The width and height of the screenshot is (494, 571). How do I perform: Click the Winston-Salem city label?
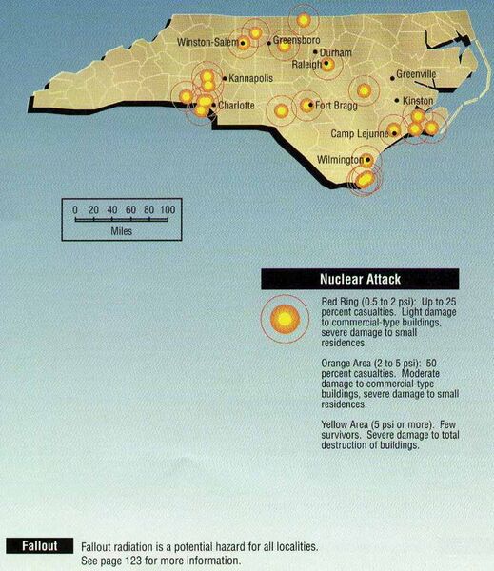point(207,43)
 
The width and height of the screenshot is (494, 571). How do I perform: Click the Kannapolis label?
point(252,79)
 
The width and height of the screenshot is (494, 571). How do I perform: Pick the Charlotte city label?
point(237,106)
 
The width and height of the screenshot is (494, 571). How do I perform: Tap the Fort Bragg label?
point(335,106)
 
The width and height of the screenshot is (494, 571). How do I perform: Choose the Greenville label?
point(417,74)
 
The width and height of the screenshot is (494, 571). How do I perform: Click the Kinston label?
point(418,99)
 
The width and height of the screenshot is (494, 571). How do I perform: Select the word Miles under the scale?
point(121,231)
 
